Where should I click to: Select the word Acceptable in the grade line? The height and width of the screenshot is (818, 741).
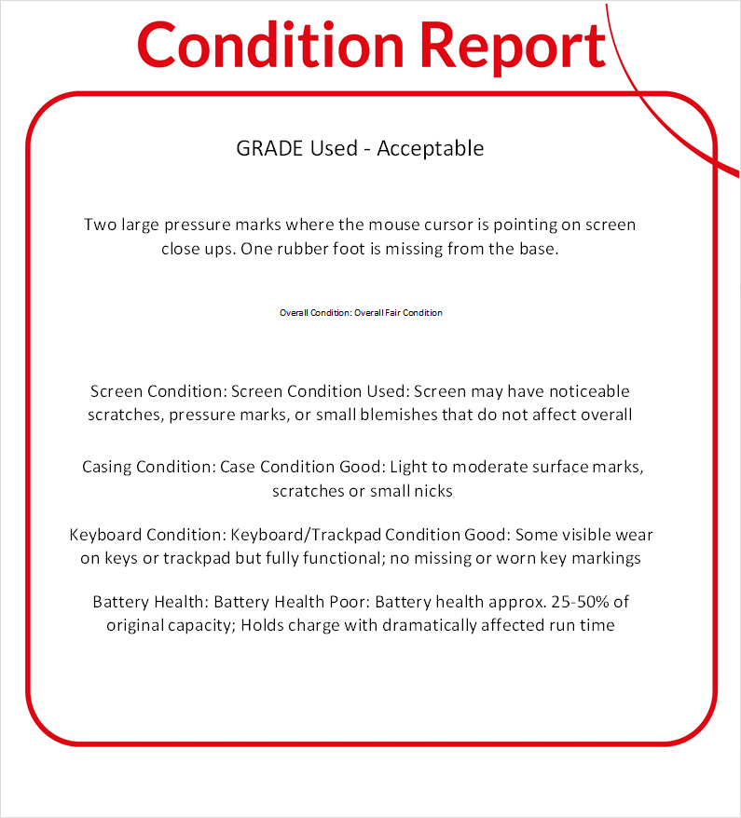tap(431, 148)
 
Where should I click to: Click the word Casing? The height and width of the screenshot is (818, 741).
tap(109, 466)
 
